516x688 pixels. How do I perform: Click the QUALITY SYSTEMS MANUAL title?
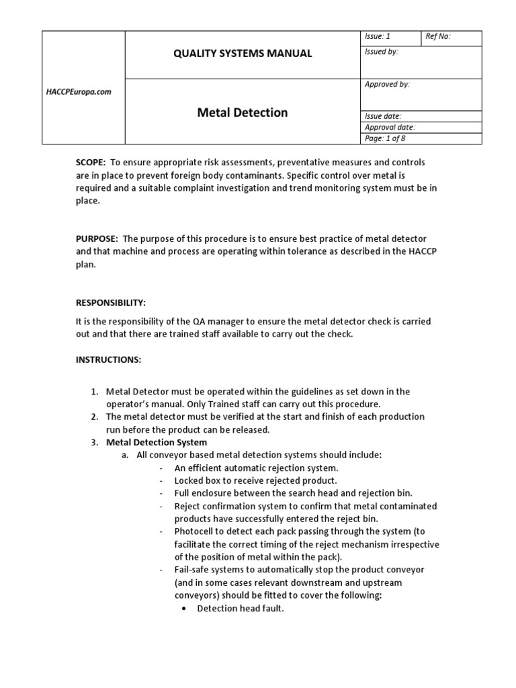tap(243, 54)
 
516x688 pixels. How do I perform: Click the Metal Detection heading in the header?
tap(243, 112)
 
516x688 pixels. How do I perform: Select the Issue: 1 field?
tap(378, 37)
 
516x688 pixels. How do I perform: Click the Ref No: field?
tap(438, 37)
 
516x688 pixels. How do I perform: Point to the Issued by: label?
tap(381, 52)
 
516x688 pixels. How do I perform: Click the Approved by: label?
tap(387, 85)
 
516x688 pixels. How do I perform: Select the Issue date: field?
tap(383, 116)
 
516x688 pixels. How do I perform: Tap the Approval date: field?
tap(390, 127)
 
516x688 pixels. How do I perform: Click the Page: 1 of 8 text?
tap(385, 138)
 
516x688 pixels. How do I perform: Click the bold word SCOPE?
tap(91, 163)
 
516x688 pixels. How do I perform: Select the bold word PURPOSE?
tap(97, 239)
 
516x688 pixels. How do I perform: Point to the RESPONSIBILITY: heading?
tap(111, 303)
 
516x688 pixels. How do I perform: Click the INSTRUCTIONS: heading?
tap(108, 359)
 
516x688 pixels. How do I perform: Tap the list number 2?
tap(94, 417)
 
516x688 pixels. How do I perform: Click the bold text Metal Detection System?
tap(157, 442)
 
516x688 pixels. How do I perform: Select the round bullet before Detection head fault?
tap(183, 609)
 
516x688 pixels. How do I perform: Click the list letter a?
tap(124, 455)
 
